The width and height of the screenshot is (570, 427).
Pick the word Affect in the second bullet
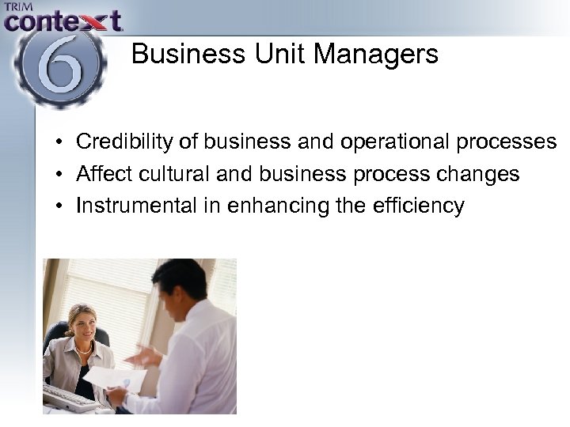pos(102,174)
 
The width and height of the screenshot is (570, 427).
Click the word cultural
pos(176,174)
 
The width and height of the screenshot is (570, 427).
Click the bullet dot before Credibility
pos(59,143)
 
